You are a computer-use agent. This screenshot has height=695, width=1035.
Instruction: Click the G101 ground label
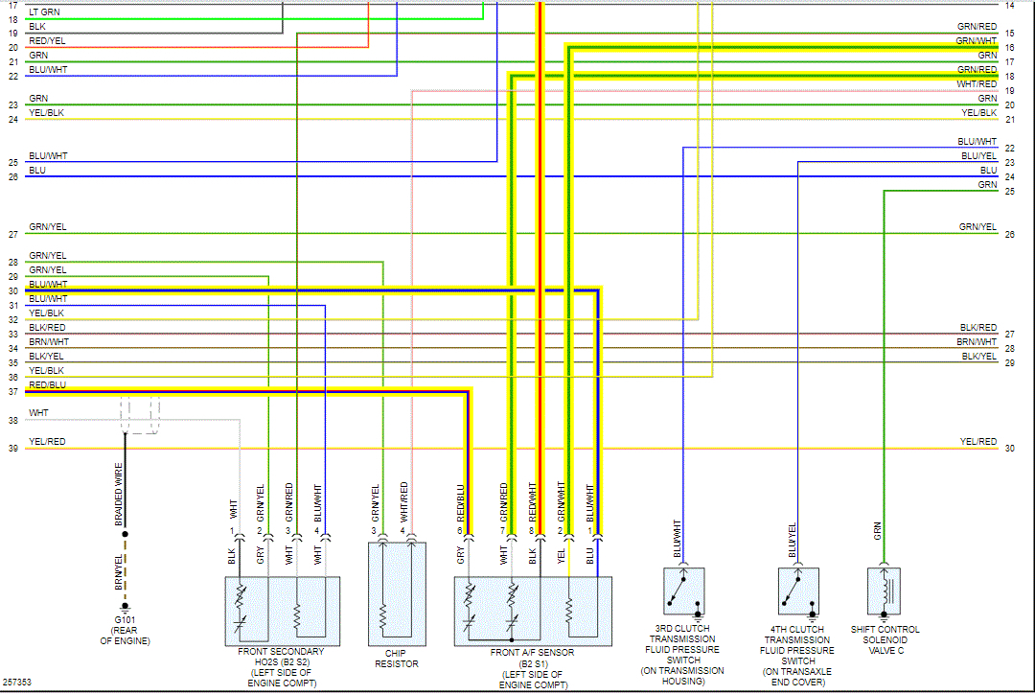coord(124,620)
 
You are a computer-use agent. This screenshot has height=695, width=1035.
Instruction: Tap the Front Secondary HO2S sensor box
coord(282,609)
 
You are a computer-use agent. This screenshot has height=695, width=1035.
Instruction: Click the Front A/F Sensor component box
coord(532,609)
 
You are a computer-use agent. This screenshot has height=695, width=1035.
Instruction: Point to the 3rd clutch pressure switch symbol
coord(683,591)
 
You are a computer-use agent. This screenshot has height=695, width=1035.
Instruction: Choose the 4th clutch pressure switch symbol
coord(797,591)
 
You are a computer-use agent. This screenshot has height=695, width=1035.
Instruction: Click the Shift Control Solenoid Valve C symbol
coord(884,591)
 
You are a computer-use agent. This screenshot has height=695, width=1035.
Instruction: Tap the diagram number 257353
coord(16,683)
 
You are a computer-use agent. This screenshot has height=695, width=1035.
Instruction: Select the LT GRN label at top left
coord(42,12)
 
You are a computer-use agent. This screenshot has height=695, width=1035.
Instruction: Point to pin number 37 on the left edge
coord(12,392)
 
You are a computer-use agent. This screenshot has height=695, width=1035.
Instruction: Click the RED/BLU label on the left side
coord(47,384)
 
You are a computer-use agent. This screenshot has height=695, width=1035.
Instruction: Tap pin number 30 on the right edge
coord(1010,449)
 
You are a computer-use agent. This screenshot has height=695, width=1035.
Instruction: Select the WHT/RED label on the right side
coord(977,84)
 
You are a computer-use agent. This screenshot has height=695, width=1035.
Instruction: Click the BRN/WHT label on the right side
coord(977,342)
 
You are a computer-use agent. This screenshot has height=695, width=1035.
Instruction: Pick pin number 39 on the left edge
coord(12,449)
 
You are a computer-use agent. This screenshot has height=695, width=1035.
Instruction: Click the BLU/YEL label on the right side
coord(978,155)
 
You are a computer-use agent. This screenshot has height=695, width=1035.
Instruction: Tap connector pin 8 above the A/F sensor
coord(531,530)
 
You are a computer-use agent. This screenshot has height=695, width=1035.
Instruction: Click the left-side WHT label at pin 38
coord(38,413)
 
